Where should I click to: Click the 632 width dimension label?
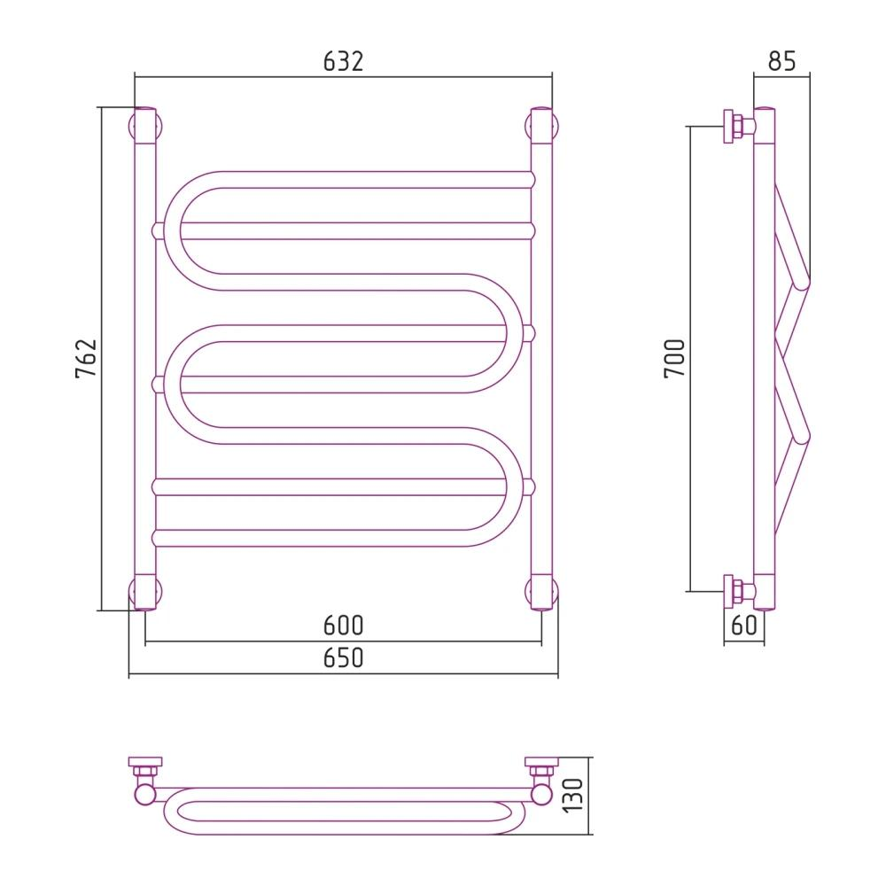[343, 60]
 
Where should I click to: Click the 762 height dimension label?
[86, 359]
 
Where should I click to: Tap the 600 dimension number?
[343, 626]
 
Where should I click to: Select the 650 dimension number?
[343, 658]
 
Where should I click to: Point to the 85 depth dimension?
[782, 60]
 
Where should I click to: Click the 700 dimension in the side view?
[675, 359]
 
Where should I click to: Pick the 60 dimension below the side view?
[744, 626]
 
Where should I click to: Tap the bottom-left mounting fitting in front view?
[144, 592]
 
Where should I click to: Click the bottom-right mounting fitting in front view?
[541, 592]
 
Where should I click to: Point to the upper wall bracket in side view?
[735, 126]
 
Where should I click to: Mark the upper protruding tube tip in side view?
[803, 282]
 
